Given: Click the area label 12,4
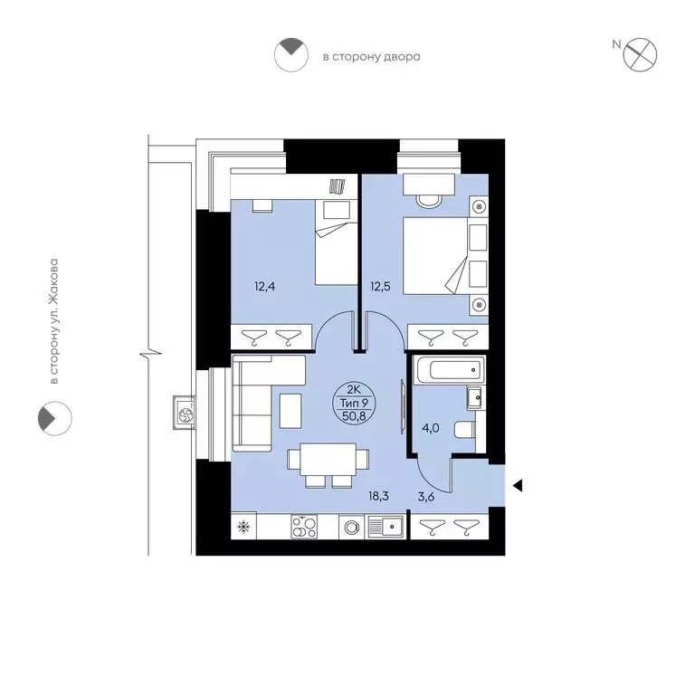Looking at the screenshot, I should pos(266,288).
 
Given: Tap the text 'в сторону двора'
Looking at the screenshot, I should pos(371,57).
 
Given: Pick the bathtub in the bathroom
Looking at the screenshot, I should pos(448,370).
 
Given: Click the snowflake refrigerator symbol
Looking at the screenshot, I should pos(243,526).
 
